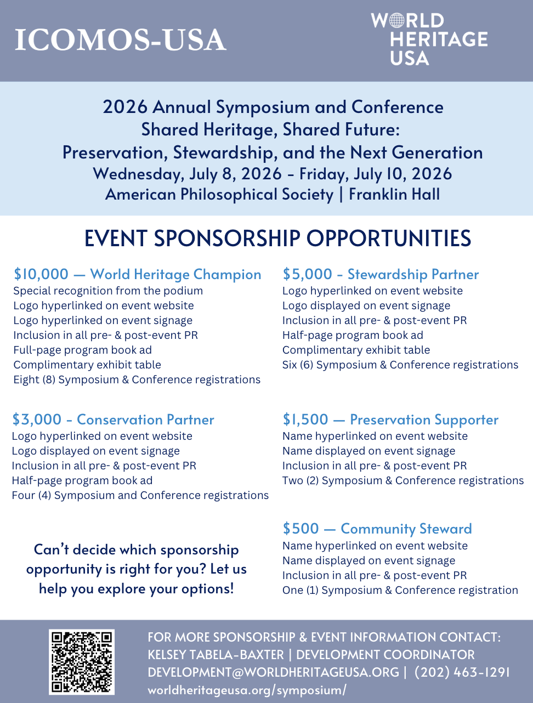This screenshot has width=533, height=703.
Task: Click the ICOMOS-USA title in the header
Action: click(120, 40)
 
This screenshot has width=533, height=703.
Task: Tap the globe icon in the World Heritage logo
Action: click(396, 21)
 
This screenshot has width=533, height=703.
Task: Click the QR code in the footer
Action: click(82, 661)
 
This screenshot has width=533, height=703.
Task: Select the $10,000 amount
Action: click(41, 274)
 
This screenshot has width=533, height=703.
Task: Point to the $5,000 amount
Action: click(308, 274)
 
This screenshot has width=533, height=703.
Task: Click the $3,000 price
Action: click(37, 419)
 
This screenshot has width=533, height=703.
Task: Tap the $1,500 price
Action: click(305, 419)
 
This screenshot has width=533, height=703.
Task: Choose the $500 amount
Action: click(300, 529)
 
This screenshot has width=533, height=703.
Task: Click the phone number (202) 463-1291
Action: click(462, 672)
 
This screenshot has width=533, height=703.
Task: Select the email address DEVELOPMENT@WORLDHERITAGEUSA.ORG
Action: click(273, 672)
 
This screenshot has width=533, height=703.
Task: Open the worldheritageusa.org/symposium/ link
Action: click(247, 690)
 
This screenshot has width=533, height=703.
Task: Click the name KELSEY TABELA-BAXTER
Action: click(216, 655)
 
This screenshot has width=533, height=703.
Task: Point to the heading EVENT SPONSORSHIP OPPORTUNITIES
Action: click(277, 239)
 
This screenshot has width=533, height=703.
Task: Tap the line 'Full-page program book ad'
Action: click(82, 350)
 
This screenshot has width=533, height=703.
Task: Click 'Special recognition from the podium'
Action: click(108, 291)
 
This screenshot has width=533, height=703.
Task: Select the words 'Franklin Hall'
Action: click(394, 195)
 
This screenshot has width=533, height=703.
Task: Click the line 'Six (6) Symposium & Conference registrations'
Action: click(400, 365)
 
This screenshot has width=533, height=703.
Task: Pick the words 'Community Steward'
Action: click(406, 529)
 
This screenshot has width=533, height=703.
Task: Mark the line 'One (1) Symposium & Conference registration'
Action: click(400, 590)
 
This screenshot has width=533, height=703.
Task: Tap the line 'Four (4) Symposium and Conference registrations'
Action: click(140, 495)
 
